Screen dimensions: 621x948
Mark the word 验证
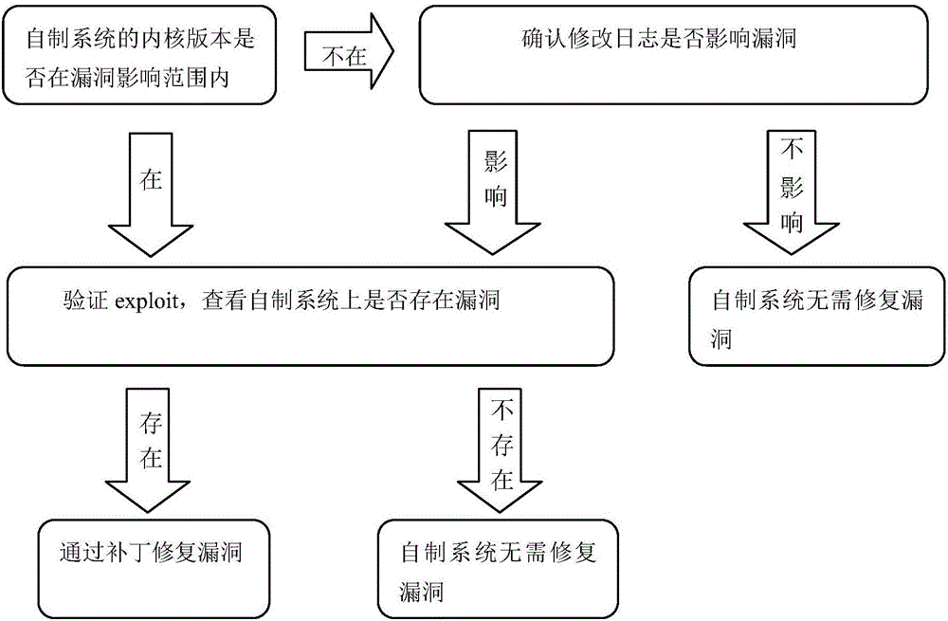pos(77,303)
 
